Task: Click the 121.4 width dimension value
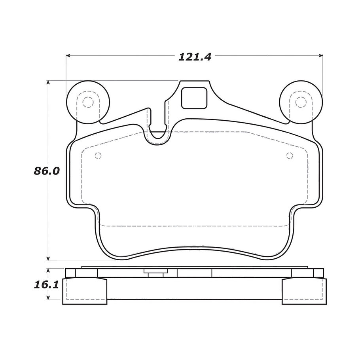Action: click(x=195, y=57)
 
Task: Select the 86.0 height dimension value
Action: click(x=46, y=171)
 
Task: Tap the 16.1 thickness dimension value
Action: click(x=46, y=285)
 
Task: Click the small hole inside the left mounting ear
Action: click(x=87, y=102)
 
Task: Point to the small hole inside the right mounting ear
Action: click(x=301, y=102)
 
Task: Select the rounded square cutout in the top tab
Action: click(x=194, y=98)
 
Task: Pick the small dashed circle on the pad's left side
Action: click(x=98, y=155)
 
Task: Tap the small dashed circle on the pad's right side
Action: click(x=290, y=155)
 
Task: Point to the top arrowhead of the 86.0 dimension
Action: click(x=48, y=83)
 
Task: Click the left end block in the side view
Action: click(x=85, y=291)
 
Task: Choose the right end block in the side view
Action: click(x=304, y=291)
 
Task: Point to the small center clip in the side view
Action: click(x=155, y=272)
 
